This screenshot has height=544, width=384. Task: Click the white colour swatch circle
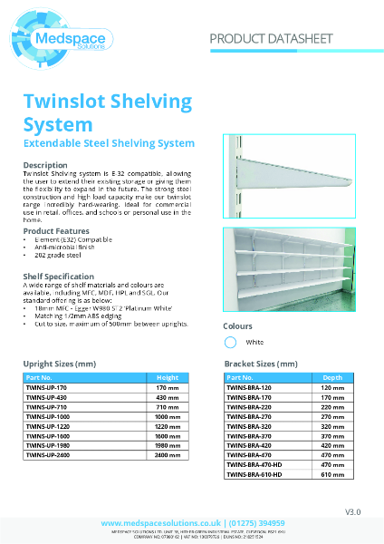tap(230, 342)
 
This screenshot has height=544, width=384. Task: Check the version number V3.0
tap(352, 512)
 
